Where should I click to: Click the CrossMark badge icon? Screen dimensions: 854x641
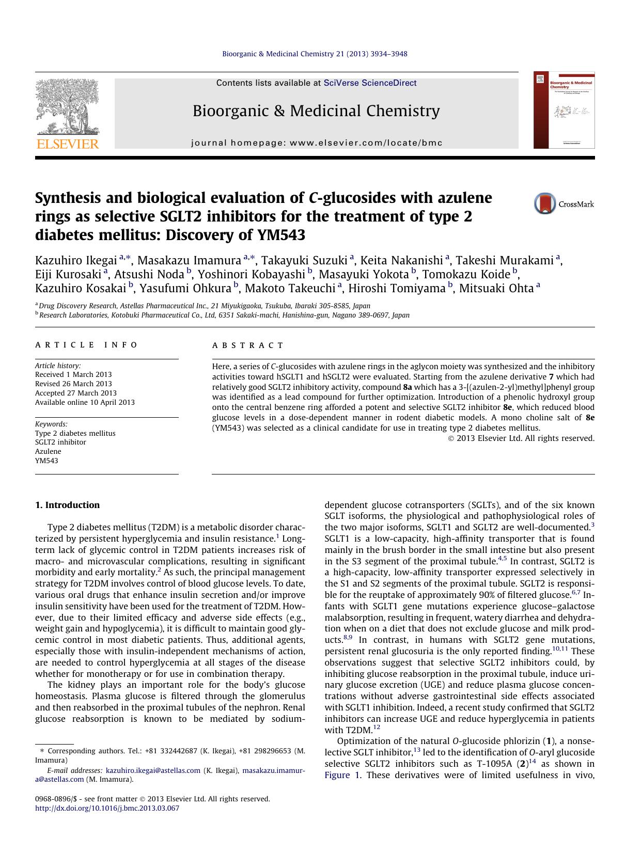(545, 203)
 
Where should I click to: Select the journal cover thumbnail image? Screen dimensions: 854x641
(564, 110)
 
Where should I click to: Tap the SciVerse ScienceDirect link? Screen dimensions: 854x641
(370, 83)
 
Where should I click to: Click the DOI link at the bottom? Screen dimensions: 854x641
(107, 808)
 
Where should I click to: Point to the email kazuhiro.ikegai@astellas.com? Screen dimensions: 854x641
(153, 770)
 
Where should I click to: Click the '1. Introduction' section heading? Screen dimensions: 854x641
(67, 505)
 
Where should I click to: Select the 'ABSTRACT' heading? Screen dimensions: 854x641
(248, 345)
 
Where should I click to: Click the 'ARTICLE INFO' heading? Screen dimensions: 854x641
(86, 345)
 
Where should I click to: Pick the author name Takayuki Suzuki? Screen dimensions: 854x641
(304, 260)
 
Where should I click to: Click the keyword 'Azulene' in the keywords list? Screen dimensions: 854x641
(48, 451)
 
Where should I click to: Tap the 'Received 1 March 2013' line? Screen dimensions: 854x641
(73, 374)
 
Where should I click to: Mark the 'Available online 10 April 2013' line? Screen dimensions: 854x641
(85, 402)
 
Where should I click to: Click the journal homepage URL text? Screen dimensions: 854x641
(366, 143)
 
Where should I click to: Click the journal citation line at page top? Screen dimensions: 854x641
(315, 54)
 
